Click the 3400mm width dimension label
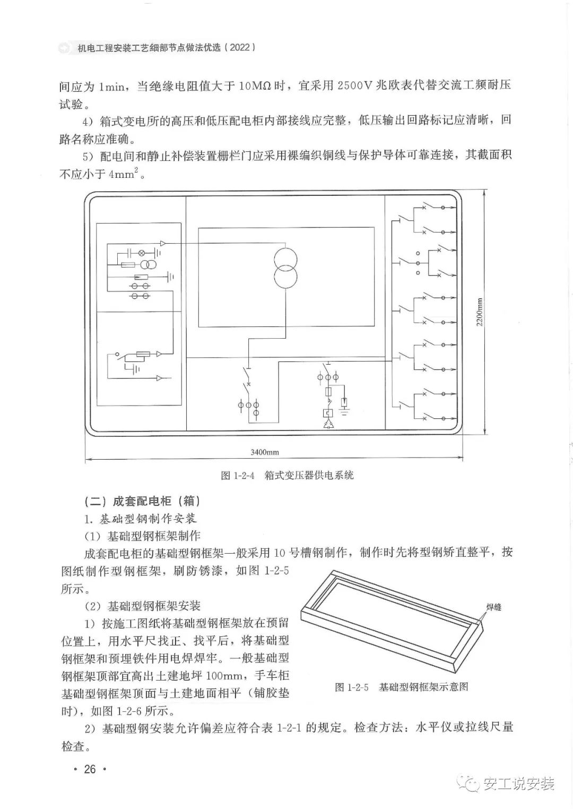point(265,452)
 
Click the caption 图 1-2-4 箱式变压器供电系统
point(287,475)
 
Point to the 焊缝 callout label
point(493,606)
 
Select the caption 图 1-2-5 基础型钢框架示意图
point(402,687)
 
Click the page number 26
point(90,769)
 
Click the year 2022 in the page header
point(240,47)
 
